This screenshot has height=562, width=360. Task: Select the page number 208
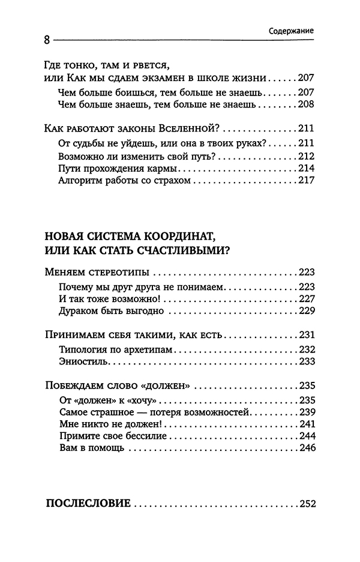306,104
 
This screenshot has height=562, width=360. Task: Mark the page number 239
306,412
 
